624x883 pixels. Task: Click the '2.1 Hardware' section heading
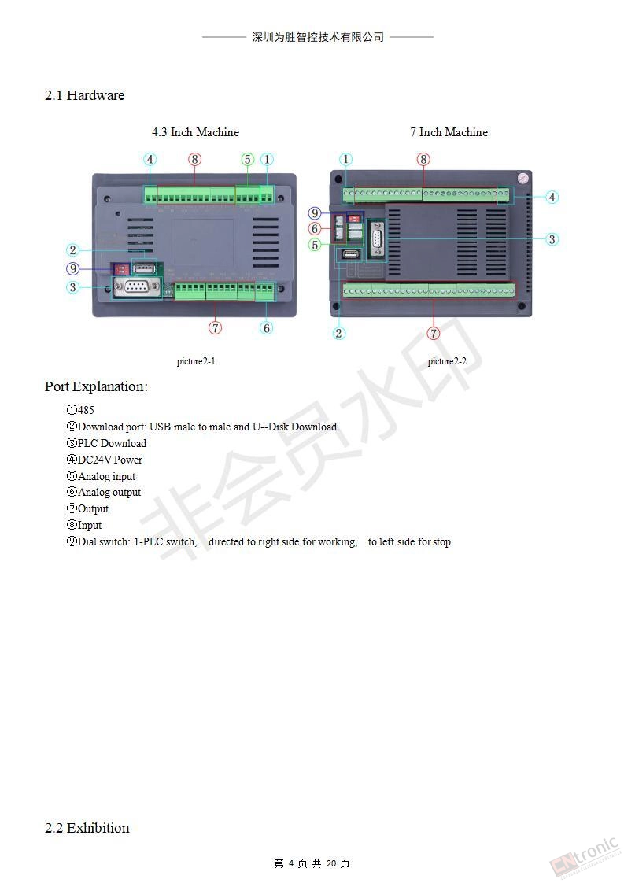tap(84, 95)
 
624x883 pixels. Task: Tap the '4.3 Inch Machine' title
tap(195, 131)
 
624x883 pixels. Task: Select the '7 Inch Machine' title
tap(449, 131)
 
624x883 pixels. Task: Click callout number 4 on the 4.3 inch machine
tap(150, 160)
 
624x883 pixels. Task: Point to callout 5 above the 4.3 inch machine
tap(247, 160)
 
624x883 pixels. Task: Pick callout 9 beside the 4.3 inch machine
tap(72, 268)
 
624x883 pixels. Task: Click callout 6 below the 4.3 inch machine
tap(267, 327)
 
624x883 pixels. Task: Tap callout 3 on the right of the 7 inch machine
tap(552, 239)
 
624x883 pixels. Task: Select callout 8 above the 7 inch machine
tap(423, 160)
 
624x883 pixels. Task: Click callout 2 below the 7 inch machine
tap(338, 333)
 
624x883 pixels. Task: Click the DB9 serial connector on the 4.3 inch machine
tap(135, 288)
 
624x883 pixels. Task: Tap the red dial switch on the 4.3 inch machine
tap(122, 269)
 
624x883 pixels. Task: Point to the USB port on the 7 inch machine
tap(352, 254)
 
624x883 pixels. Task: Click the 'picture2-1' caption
tap(196, 361)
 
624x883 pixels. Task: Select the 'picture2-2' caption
tap(447, 361)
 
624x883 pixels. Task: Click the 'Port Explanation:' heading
tap(96, 386)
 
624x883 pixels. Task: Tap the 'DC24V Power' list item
tap(104, 460)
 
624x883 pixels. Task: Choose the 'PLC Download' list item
tap(106, 443)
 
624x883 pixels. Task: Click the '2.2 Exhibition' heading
tap(87, 828)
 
